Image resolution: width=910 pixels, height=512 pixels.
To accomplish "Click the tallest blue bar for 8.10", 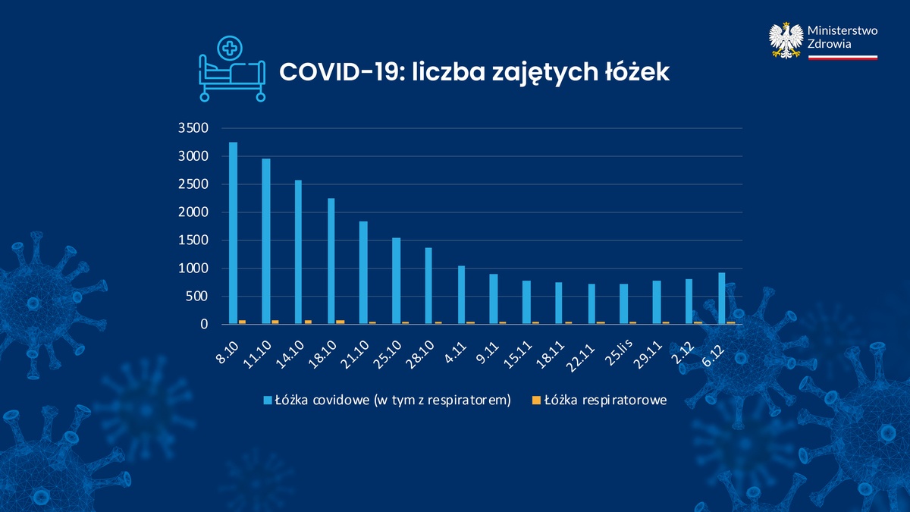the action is pyautogui.click(x=234, y=234).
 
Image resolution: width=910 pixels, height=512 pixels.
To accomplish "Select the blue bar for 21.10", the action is pyautogui.click(x=363, y=272).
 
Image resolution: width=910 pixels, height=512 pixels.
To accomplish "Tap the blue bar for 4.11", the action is pyautogui.click(x=461, y=295).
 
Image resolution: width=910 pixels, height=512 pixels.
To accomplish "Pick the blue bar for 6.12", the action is pyautogui.click(x=721, y=298).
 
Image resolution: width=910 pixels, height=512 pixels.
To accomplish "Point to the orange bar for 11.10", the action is pyautogui.click(x=275, y=322).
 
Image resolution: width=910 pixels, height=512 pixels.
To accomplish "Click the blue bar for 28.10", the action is pyautogui.click(x=428, y=286).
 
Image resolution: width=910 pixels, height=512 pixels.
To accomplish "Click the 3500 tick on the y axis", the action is pyautogui.click(x=193, y=128).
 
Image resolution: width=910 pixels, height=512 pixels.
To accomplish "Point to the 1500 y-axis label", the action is pyautogui.click(x=193, y=240).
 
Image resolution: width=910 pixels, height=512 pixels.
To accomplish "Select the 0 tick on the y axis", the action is pyautogui.click(x=204, y=325).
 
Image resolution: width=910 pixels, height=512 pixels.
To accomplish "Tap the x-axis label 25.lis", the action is pyautogui.click(x=619, y=352).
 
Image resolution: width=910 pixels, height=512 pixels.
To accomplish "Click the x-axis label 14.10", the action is pyautogui.click(x=290, y=354).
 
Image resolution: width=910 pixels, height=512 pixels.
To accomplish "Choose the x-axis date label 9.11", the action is pyautogui.click(x=488, y=352).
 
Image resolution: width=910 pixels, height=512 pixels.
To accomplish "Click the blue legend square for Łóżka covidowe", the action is pyautogui.click(x=268, y=400).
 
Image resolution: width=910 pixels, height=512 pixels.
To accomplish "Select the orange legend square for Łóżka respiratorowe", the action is pyautogui.click(x=536, y=400).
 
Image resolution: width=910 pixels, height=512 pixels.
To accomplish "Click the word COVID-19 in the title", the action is pyautogui.click(x=342, y=72).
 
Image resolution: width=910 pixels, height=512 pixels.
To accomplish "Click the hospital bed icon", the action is pyautogui.click(x=232, y=78).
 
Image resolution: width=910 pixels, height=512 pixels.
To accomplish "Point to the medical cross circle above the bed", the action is pyautogui.click(x=230, y=49).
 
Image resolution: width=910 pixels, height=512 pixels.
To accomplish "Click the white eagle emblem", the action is pyautogui.click(x=786, y=40).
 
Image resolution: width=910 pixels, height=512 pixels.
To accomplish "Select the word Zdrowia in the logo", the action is pyautogui.click(x=829, y=44).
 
